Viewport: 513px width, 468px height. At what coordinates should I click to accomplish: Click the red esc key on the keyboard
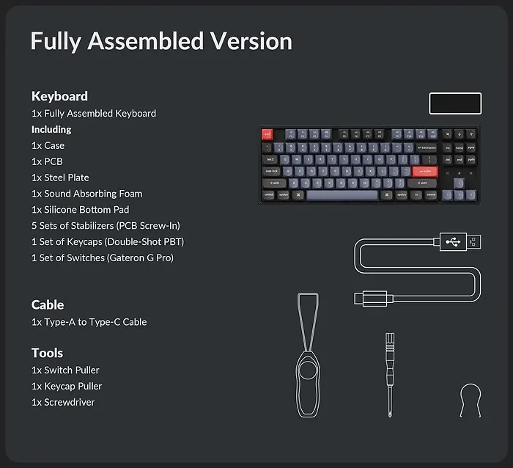(267, 134)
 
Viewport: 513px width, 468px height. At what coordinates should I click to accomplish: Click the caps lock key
(272, 171)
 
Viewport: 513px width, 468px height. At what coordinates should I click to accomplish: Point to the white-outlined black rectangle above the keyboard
(455, 103)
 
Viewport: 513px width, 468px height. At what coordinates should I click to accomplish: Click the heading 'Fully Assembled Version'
(161, 41)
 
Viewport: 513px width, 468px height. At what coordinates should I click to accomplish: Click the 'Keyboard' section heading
(59, 96)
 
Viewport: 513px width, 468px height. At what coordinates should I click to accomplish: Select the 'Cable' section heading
(48, 304)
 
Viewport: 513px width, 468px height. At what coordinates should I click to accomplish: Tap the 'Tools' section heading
(47, 353)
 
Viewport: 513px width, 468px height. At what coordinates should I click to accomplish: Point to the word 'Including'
(51, 129)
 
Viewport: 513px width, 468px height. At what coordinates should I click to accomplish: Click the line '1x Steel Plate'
(60, 178)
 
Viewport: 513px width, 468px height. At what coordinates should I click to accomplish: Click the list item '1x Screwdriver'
(63, 402)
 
